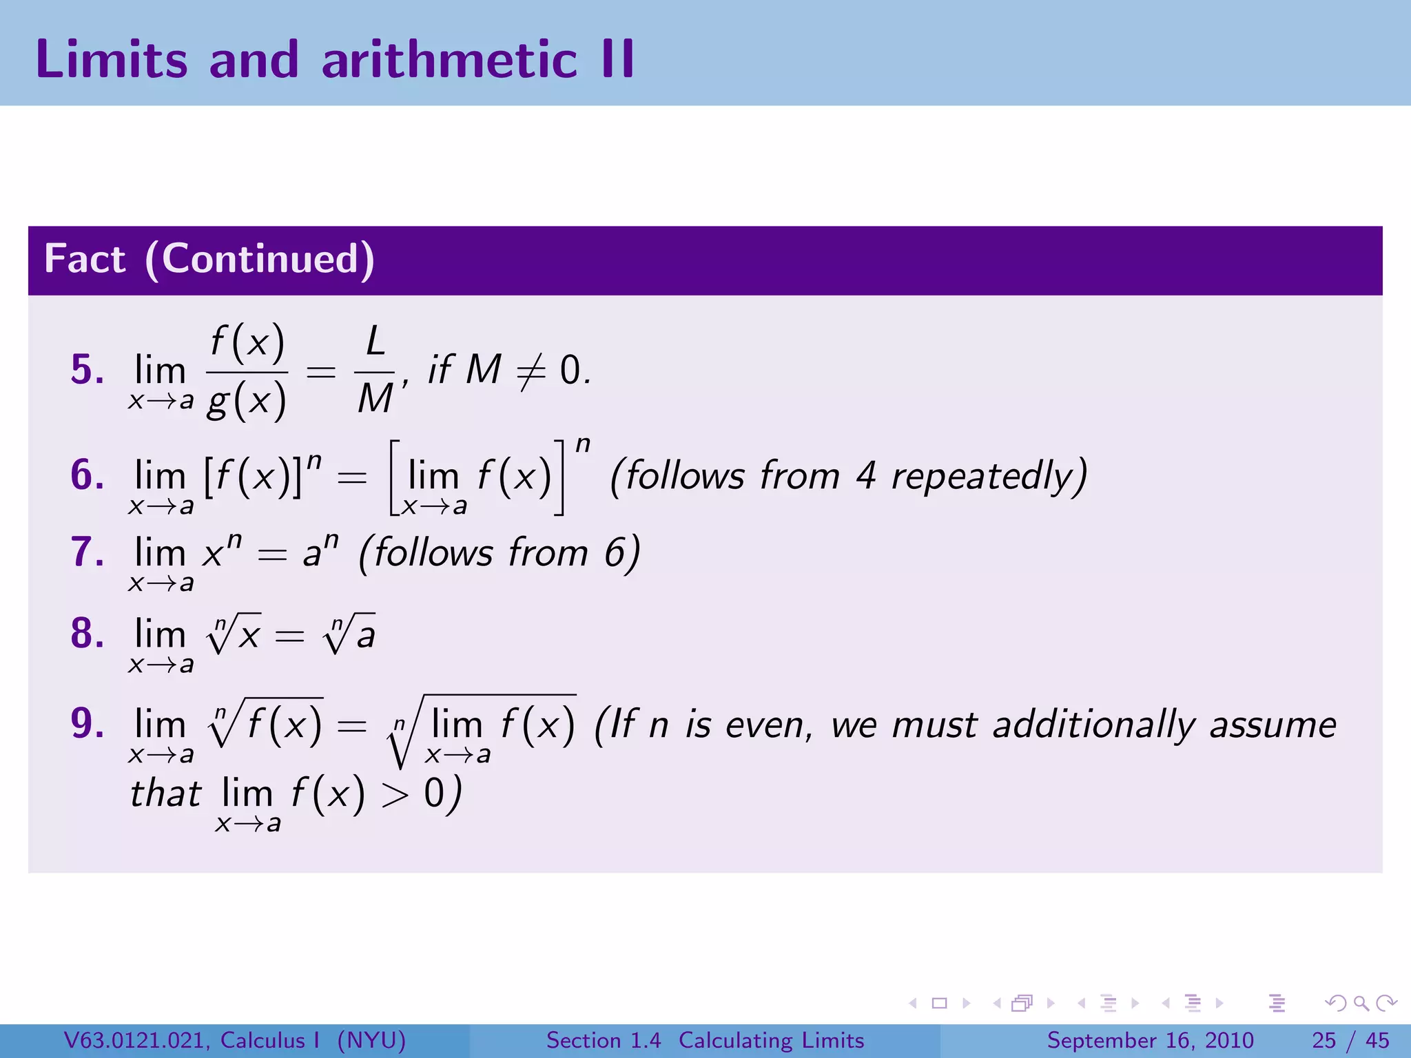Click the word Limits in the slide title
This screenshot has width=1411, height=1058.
click(x=111, y=59)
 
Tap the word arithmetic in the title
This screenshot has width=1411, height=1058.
click(x=449, y=59)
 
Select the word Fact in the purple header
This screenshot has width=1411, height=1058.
click(x=85, y=259)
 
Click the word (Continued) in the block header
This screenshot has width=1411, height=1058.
click(x=260, y=260)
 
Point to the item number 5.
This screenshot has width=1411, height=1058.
click(x=87, y=369)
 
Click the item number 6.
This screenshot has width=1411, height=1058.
click(x=87, y=475)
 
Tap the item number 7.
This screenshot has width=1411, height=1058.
click(x=87, y=552)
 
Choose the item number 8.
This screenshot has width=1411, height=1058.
click(x=87, y=633)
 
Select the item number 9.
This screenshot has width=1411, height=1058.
click(x=87, y=723)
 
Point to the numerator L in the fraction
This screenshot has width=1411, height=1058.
click(x=375, y=341)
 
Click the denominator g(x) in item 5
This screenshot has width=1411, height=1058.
click(x=247, y=400)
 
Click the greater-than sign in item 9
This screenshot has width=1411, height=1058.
click(x=395, y=796)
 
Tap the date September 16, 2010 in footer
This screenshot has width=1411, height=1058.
click(x=1150, y=1040)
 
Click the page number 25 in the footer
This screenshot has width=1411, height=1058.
click(x=1324, y=1040)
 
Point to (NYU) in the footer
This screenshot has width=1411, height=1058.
click(x=371, y=1040)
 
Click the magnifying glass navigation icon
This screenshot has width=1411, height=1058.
click(x=1361, y=1004)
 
